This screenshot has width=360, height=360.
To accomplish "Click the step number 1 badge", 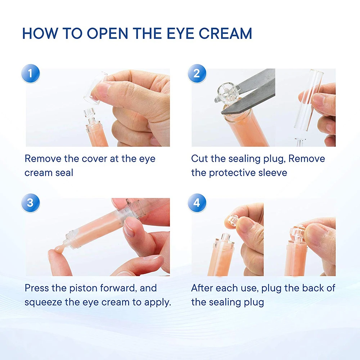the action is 31,73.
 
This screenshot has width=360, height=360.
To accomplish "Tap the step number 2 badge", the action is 197,73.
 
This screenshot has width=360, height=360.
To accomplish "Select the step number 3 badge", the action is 31,203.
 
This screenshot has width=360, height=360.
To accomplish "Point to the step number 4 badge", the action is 197,203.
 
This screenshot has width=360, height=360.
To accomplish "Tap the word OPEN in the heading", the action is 107,33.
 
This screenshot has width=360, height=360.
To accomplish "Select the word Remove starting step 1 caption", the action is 42,159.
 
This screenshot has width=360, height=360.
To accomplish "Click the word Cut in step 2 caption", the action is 199,159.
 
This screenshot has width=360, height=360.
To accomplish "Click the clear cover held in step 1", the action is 95,89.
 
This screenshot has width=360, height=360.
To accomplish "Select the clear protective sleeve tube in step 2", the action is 309,98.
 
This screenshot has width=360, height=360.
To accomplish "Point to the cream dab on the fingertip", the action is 59,249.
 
